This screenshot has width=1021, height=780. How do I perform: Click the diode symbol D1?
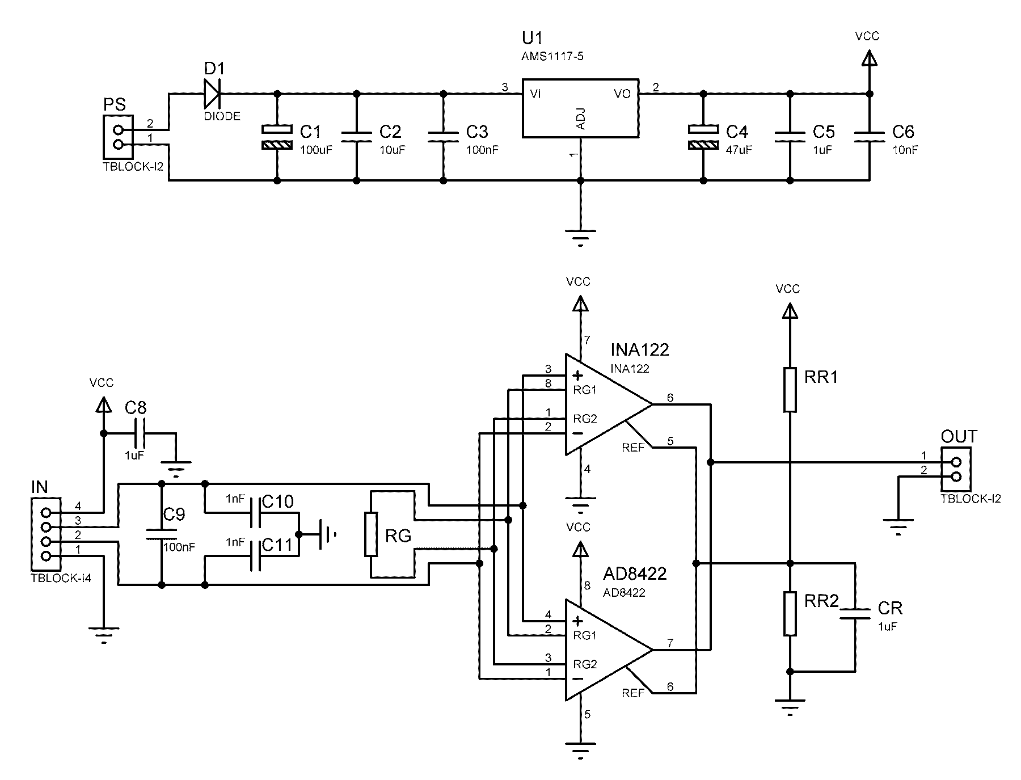coord(213,94)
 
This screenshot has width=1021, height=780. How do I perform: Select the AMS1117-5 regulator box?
coord(580,108)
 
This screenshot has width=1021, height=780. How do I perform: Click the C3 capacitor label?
coord(477,132)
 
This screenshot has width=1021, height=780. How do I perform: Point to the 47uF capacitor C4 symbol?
coord(703,137)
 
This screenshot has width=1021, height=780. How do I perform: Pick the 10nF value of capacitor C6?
coord(905,150)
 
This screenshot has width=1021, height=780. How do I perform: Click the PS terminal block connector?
coord(118,137)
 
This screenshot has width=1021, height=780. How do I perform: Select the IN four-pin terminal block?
coord(46,534)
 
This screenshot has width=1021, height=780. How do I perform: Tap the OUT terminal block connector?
coord(956,470)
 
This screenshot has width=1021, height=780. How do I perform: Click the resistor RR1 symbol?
coord(790,389)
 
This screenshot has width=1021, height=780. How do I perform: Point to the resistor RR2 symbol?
coord(790,613)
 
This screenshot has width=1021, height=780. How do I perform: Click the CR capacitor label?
coord(889,609)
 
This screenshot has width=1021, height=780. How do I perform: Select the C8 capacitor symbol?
coord(140,434)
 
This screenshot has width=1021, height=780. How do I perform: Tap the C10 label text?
coord(279,501)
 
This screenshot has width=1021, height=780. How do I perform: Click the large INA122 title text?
coord(640,349)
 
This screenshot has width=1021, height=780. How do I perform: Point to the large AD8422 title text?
coord(634,574)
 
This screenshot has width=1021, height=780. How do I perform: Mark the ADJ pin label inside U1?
coord(580,118)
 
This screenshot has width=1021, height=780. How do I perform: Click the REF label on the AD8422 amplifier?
coord(633,693)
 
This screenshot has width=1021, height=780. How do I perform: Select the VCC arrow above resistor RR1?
coord(790,311)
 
